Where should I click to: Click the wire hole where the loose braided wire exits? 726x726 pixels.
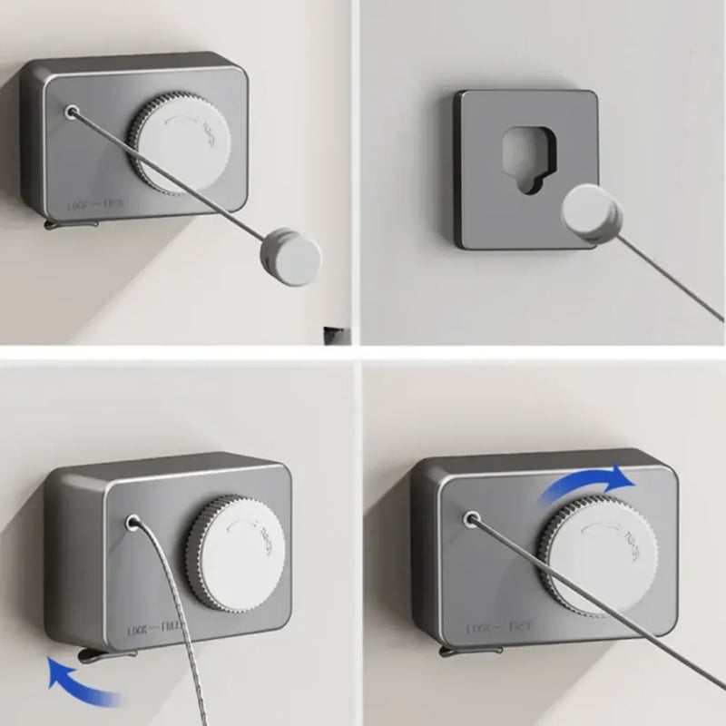[x=132, y=524]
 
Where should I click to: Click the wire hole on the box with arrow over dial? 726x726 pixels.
[x=471, y=519]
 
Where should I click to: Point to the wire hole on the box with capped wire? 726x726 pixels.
[x=71, y=111]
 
